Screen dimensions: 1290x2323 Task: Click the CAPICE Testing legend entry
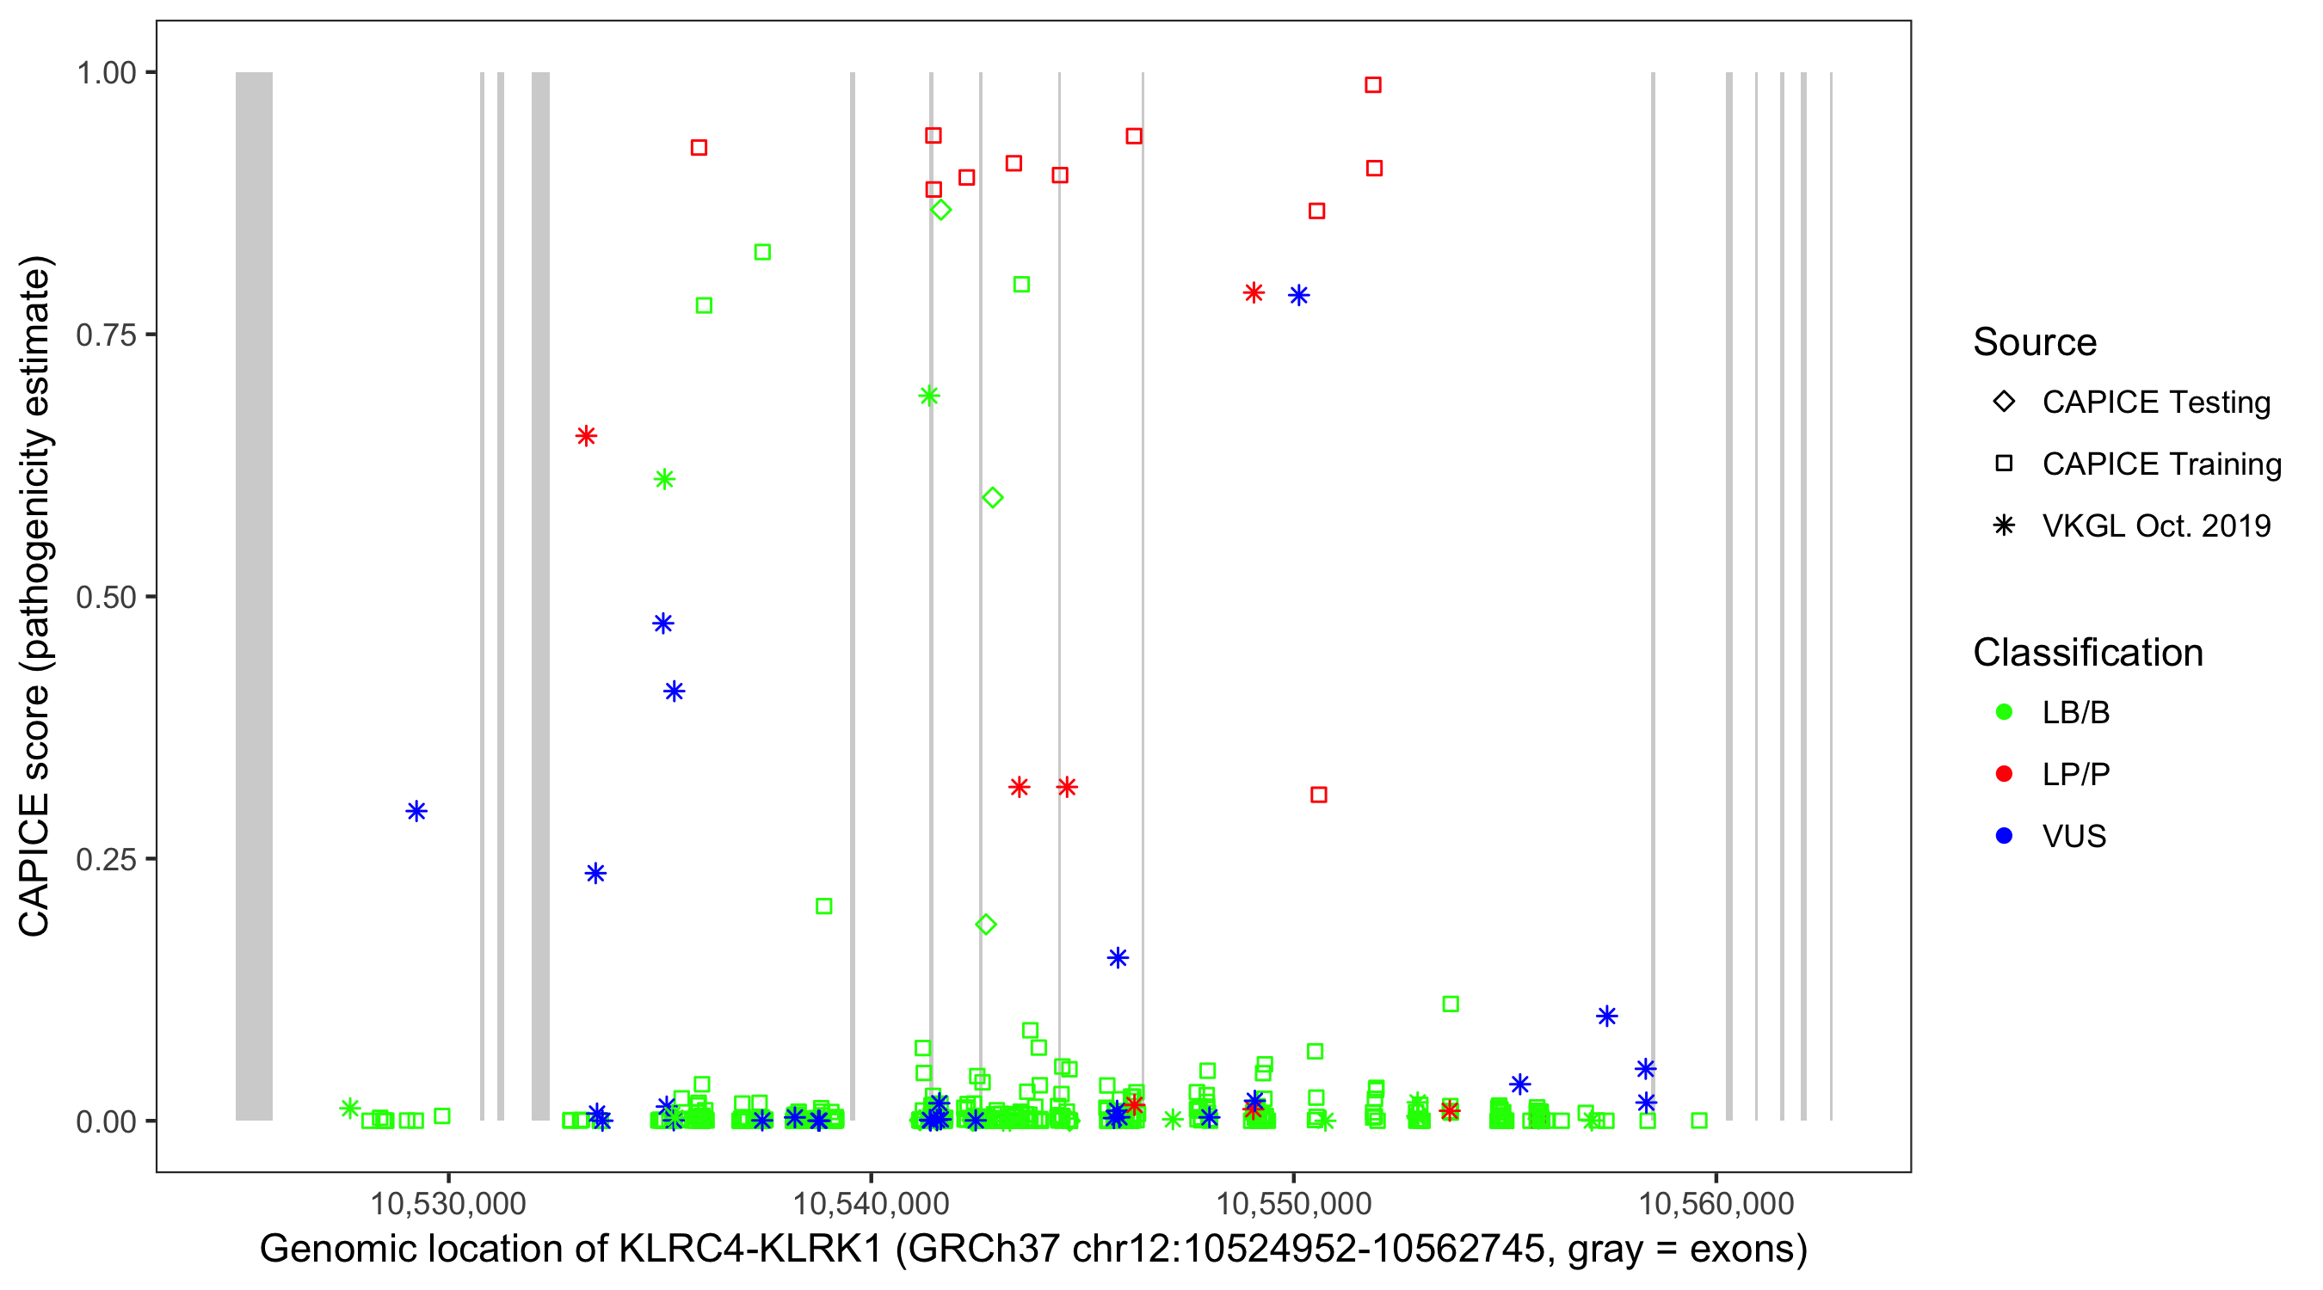click(2155, 402)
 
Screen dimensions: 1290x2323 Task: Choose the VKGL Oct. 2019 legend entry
click(2155, 525)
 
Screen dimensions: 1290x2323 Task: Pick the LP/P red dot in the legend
click(2004, 774)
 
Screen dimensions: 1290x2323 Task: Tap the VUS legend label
click(2074, 837)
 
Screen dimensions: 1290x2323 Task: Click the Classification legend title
click(2087, 653)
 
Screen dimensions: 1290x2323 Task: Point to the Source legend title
click(2035, 342)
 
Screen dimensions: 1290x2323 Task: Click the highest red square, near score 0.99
click(1372, 85)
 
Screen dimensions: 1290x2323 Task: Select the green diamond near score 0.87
click(940, 210)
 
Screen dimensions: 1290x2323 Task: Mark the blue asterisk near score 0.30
click(416, 811)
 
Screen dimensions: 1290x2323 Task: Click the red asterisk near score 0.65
click(586, 436)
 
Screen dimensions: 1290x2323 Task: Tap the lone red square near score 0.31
click(1318, 794)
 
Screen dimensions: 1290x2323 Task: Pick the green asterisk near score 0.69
click(929, 396)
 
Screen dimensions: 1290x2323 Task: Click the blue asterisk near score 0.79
click(1298, 296)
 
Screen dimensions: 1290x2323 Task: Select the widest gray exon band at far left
click(255, 595)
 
